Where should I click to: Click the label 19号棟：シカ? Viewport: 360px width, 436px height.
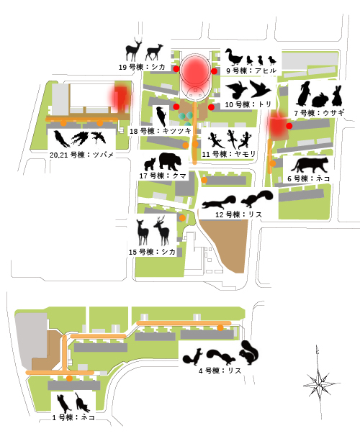tap(142, 67)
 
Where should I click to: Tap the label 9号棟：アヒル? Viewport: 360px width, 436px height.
tap(251, 71)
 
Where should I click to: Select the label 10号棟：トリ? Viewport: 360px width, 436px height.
tap(248, 104)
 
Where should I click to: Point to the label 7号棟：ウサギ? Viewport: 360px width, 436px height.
tap(320, 113)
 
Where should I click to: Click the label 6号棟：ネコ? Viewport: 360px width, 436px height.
tap(309, 178)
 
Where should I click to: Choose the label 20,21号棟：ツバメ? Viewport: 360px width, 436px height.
tap(82, 155)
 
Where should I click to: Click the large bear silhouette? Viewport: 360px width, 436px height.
tap(170, 161)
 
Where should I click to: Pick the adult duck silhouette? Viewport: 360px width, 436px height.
tap(233, 57)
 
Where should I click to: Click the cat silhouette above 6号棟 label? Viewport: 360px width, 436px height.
tap(310, 165)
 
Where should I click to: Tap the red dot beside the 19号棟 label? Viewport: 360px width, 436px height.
tap(176, 69)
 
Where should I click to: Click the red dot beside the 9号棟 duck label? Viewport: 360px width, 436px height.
tap(214, 71)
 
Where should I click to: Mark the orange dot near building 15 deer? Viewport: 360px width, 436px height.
tap(182, 218)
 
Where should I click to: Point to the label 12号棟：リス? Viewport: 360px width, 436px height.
tap(239, 214)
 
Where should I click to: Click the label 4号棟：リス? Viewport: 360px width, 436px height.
tap(220, 371)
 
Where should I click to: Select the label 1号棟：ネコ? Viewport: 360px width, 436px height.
tap(73, 417)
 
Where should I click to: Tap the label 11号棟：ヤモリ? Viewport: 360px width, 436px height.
tap(229, 154)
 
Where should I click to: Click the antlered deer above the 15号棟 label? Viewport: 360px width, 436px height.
tap(162, 231)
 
